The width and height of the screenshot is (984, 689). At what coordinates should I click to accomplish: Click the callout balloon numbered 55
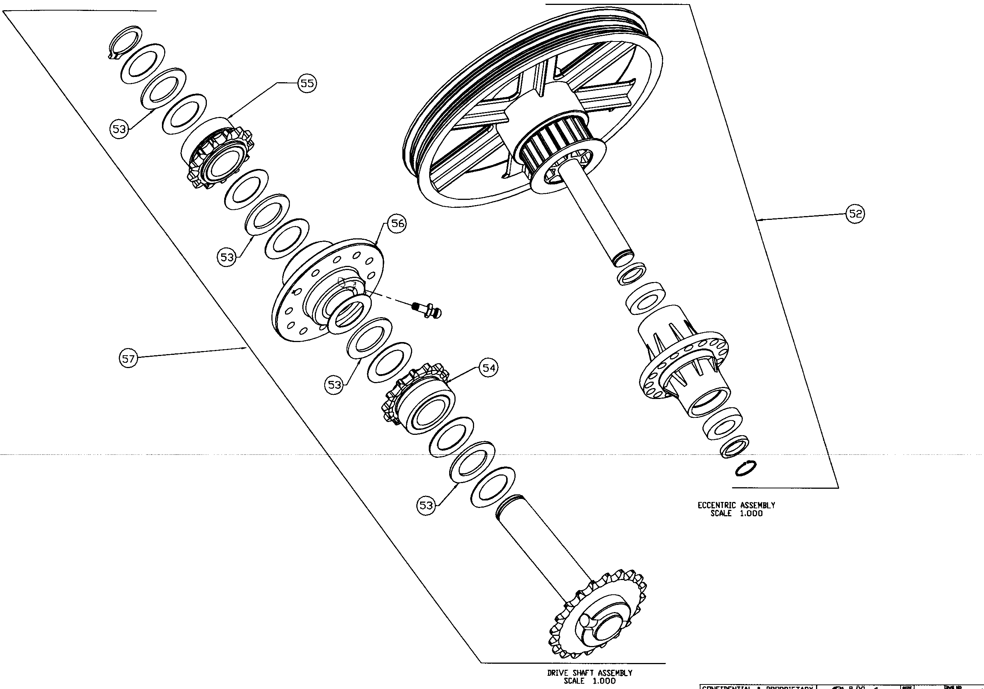click(307, 83)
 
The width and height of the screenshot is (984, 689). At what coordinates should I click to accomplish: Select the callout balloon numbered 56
click(397, 223)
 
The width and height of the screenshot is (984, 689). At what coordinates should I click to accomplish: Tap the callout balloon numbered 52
click(855, 213)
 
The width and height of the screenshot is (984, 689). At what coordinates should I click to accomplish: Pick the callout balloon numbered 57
click(128, 358)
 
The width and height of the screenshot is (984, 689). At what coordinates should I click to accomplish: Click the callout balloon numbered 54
click(489, 367)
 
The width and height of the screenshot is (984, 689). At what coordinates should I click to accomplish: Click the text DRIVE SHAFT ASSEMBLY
click(589, 673)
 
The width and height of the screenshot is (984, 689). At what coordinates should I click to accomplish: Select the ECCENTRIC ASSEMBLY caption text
click(736, 505)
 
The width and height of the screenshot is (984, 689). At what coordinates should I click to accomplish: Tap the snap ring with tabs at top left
click(124, 41)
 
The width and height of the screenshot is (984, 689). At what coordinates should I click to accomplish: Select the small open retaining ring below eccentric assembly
click(745, 468)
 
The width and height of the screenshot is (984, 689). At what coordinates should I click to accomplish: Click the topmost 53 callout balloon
click(119, 129)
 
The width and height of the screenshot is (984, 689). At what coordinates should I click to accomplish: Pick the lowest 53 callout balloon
click(426, 505)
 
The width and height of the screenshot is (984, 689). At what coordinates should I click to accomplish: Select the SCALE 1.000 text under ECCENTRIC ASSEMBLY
click(736, 513)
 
